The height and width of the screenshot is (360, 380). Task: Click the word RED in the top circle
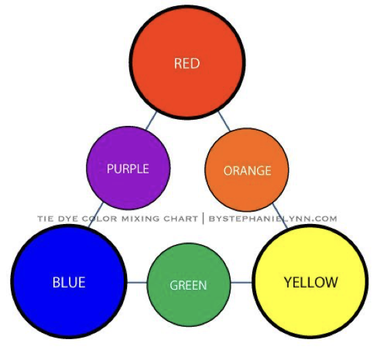pyautogui.click(x=187, y=63)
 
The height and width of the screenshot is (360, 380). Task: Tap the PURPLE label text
pyautogui.click(x=128, y=169)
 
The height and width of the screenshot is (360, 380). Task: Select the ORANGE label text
pyautogui.click(x=247, y=171)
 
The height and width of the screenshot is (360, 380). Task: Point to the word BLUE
pyautogui.click(x=69, y=282)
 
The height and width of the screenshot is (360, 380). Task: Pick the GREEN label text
pyautogui.click(x=188, y=285)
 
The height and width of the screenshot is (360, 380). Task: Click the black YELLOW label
pyautogui.click(x=310, y=282)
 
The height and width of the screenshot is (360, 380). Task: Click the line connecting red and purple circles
pyautogui.click(x=151, y=120)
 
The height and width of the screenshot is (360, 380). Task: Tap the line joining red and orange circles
pyautogui.click(x=224, y=121)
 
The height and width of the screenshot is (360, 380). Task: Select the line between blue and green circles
pyautogui.click(x=137, y=282)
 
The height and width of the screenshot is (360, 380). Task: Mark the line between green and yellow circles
pyautogui.click(x=241, y=282)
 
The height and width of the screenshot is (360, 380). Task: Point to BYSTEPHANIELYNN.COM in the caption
pyautogui.click(x=273, y=219)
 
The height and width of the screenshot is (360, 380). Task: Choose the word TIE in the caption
pyautogui.click(x=45, y=219)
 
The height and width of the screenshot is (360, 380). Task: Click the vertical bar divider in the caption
pyautogui.click(x=204, y=219)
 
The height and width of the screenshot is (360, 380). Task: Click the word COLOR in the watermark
pyautogui.click(x=99, y=219)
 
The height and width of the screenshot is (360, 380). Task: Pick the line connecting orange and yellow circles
pyautogui.click(x=280, y=216)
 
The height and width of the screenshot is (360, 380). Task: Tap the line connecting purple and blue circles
pyautogui.click(x=95, y=215)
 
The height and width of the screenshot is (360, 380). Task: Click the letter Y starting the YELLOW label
pyautogui.click(x=288, y=282)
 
